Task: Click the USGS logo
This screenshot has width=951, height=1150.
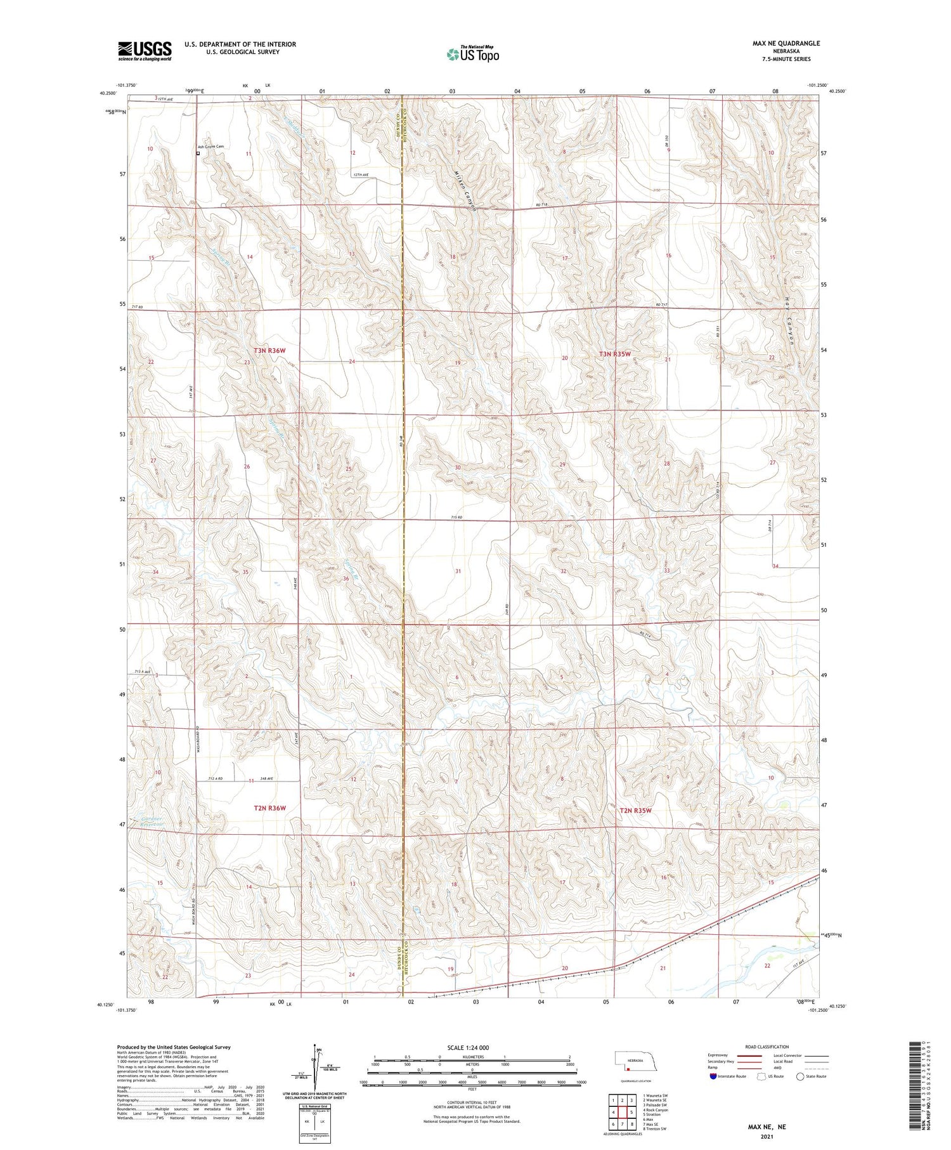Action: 145,51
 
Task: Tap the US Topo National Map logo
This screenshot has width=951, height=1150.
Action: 473,54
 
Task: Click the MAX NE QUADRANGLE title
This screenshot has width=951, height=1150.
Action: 786,43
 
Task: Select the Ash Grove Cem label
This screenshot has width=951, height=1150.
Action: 211,147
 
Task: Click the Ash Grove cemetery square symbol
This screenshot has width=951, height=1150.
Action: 198,153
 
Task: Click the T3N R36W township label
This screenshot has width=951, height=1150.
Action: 269,350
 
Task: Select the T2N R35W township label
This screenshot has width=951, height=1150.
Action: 635,811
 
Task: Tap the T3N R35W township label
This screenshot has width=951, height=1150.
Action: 615,354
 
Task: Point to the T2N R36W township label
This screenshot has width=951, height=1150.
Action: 269,808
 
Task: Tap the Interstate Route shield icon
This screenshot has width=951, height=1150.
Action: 713,1076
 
